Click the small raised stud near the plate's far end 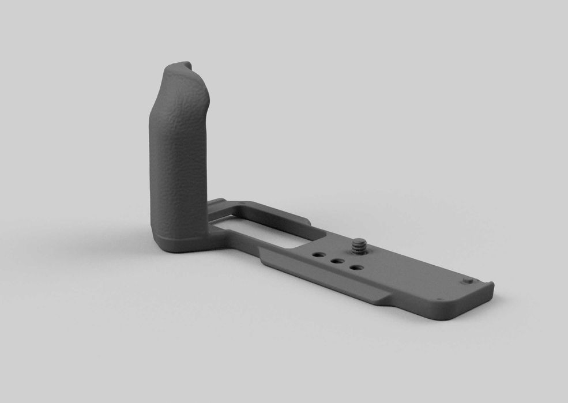pyautogui.click(x=468, y=281)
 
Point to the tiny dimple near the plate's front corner pyautogui.click(x=439, y=299)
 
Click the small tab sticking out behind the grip pyautogui.click(x=216, y=203)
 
